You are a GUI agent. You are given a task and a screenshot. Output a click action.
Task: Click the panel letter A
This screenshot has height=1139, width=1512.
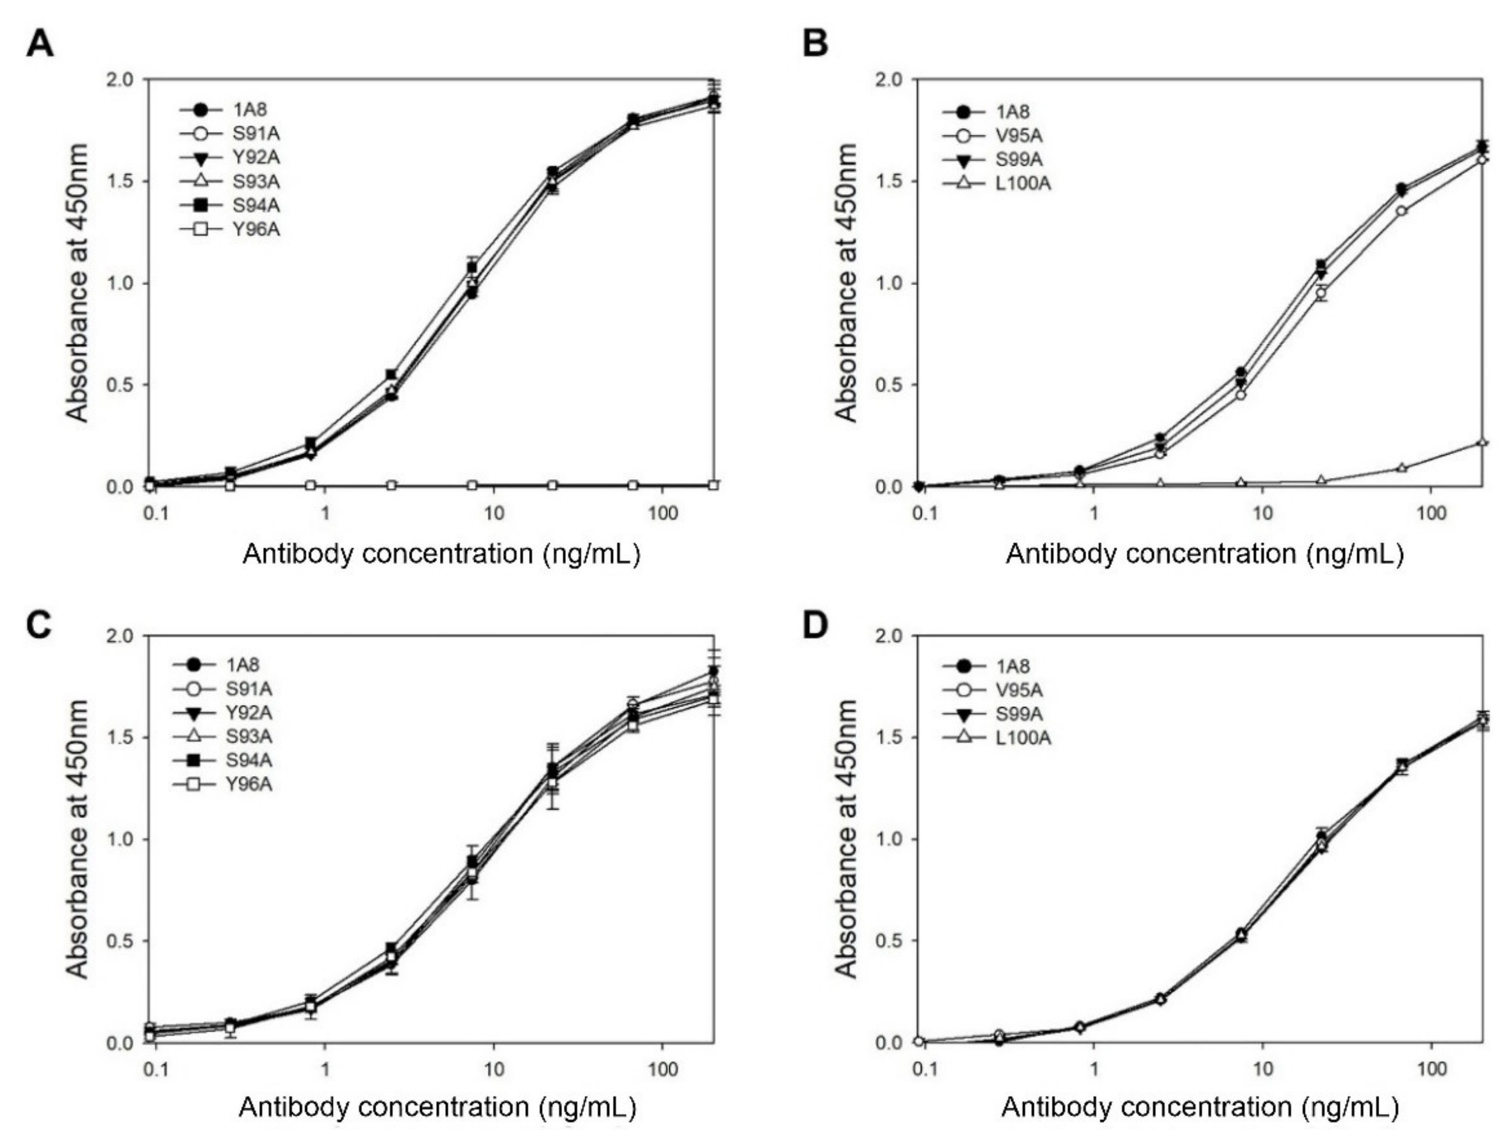point(40,45)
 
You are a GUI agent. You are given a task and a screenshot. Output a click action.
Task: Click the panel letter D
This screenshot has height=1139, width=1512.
point(815,625)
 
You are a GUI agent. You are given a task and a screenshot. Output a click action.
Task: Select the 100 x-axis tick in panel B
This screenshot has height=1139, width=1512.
point(1430,513)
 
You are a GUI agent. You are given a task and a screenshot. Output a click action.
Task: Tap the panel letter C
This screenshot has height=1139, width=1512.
point(39,625)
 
